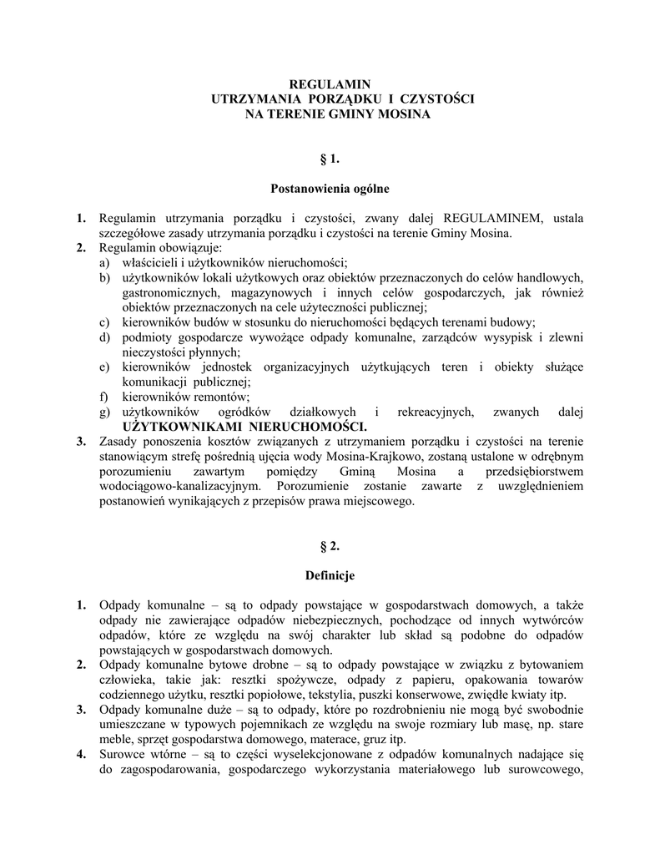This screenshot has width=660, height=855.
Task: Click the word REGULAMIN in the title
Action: (329, 83)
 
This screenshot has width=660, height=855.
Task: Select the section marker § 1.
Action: (329, 159)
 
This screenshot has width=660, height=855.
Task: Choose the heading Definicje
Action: (330, 576)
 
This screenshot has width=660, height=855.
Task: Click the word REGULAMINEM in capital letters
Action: (485, 219)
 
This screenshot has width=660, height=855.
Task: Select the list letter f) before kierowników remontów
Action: (104, 397)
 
